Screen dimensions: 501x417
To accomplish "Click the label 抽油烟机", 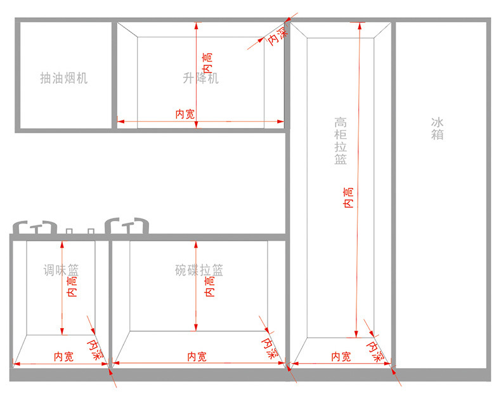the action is [63, 78].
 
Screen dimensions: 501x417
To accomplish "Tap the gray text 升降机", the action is [200, 78].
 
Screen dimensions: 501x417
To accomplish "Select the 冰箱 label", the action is [437, 128].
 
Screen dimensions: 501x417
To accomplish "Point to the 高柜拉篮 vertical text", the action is [341, 140].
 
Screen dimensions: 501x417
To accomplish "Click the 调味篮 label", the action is [61, 270].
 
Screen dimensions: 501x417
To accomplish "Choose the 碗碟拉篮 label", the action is [199, 270].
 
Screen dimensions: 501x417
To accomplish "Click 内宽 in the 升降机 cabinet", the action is [185, 114].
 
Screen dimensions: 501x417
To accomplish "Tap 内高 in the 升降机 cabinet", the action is [207, 62].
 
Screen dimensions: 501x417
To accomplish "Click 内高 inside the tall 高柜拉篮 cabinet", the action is [348, 197].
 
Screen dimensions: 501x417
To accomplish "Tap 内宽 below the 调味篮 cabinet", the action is [63, 357].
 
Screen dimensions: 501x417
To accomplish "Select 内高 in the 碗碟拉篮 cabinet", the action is [209, 286].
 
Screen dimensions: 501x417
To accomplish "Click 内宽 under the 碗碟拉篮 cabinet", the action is [197, 357].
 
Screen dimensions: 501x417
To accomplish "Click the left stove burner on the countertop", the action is [36, 227].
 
